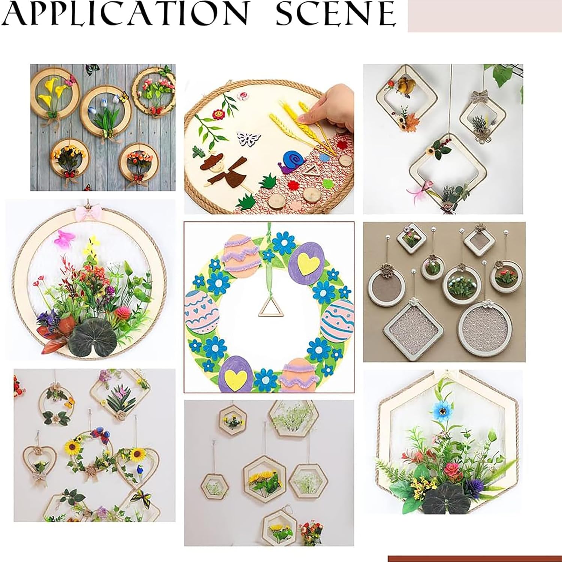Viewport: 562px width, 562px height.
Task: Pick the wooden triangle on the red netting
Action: (310, 172)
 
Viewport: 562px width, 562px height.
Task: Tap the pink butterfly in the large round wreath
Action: (64, 238)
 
